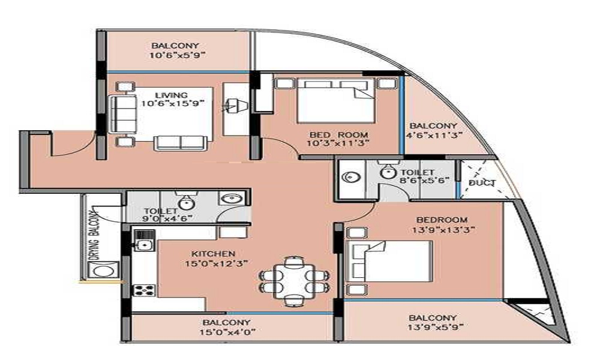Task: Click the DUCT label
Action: [483, 183]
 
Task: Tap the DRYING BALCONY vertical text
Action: [94, 235]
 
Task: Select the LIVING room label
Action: [172, 95]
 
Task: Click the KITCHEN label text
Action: [214, 254]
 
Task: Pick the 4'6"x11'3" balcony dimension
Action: [434, 135]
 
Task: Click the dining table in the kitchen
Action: [294, 279]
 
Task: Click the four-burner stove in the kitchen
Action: [143, 290]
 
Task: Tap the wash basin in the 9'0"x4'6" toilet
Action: [230, 198]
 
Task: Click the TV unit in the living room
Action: [234, 108]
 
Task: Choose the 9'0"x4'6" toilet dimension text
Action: [161, 219]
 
